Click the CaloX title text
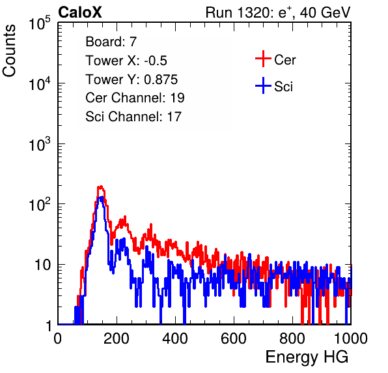pyautogui.click(x=79, y=12)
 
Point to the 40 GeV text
pyautogui.click(x=325, y=12)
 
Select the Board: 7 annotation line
pyautogui.click(x=111, y=42)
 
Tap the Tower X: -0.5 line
pyautogui.click(x=126, y=61)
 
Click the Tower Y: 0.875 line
pyautogui.click(x=132, y=80)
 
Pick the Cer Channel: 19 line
pyautogui.click(x=135, y=98)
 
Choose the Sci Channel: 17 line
pyautogui.click(x=133, y=117)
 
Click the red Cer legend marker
pyautogui.click(x=263, y=59)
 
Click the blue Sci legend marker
pyautogui.click(x=263, y=85)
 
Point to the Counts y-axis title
pyautogui.click(x=9, y=51)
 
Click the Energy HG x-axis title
pyautogui.click(x=307, y=357)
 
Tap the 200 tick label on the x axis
pyautogui.click(x=117, y=338)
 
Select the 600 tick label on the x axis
pyautogui.click(x=234, y=338)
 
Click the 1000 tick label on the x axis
pyautogui.click(x=351, y=338)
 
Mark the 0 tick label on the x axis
pyautogui.click(x=58, y=338)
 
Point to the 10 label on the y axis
pyautogui.click(x=43, y=265)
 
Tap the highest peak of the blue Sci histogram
pyautogui.click(x=101, y=197)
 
